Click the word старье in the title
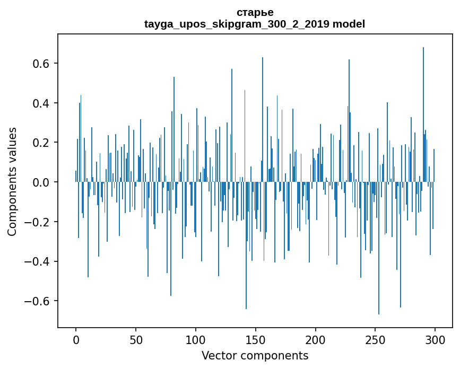coord(255,12)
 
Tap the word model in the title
coord(349,24)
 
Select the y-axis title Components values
coord(12,181)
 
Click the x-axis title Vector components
coord(255,355)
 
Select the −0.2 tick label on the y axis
coord(38,222)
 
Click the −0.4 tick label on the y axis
coord(38,261)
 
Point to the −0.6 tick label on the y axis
coord(38,301)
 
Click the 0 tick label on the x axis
coord(76,339)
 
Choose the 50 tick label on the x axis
coord(136,339)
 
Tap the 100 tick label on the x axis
coord(196,339)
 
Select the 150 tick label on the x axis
coord(256,339)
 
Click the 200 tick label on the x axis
coord(316,339)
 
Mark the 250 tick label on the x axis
coord(376,339)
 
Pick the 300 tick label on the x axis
coord(435,339)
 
